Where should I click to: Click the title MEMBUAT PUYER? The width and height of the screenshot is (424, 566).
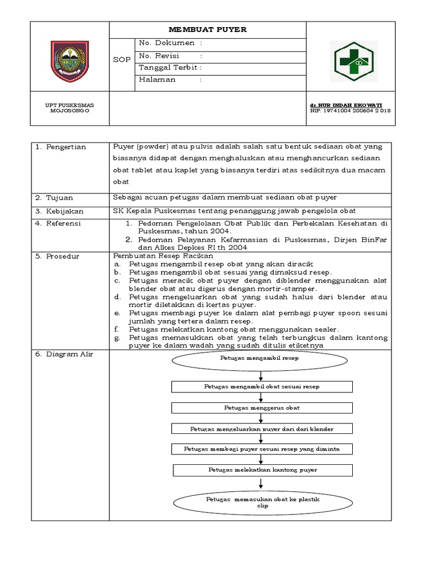point(207,29)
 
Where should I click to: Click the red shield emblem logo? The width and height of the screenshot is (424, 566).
point(69,57)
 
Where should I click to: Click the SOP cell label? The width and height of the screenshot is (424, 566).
point(121,60)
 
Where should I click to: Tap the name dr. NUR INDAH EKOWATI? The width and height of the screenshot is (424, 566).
point(346,104)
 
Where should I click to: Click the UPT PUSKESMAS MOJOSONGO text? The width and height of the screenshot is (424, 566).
point(69,107)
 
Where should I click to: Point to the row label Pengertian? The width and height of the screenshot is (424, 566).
point(57,147)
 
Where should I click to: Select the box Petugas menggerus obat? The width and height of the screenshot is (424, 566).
point(262,407)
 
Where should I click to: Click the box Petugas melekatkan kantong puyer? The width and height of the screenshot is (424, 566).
point(262,470)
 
